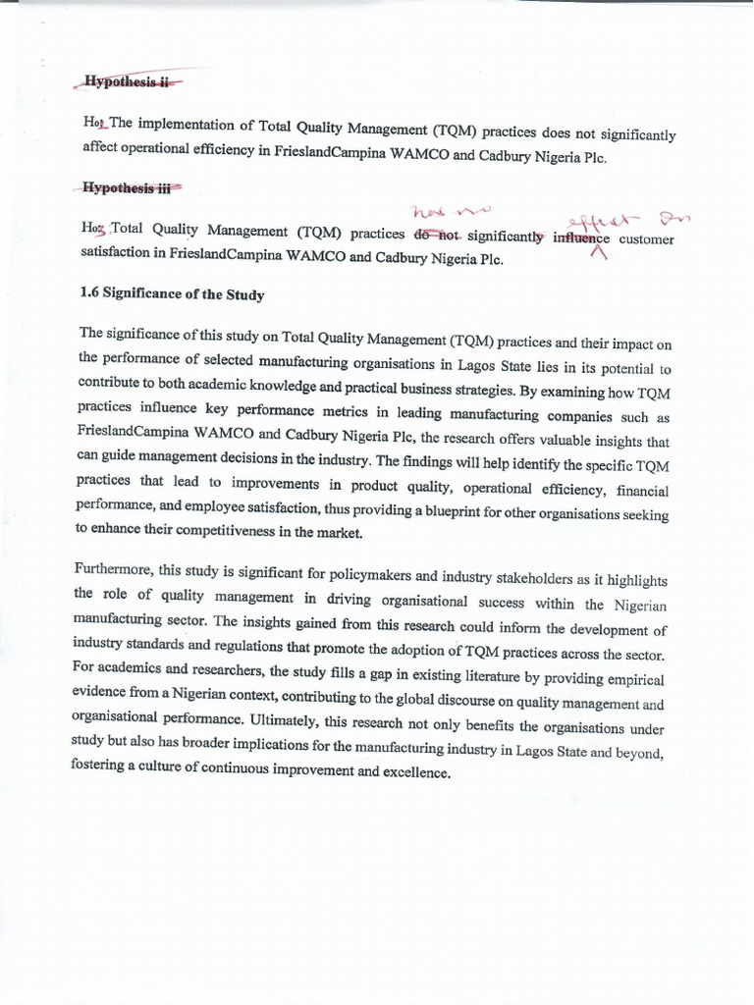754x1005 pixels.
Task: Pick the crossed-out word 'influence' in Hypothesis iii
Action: tap(581, 238)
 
